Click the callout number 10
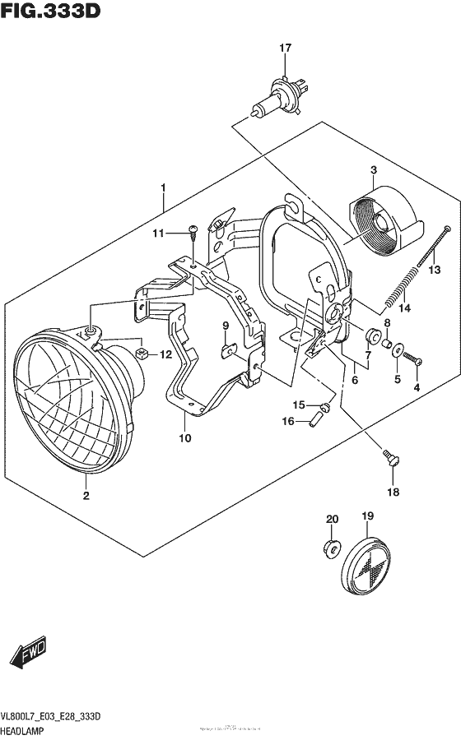tap(184, 437)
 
